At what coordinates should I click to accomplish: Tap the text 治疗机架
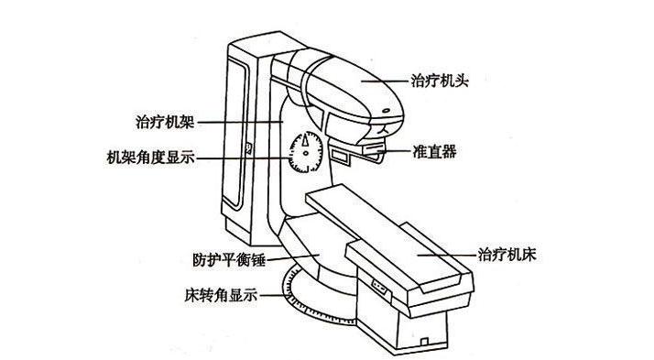pos(162,121)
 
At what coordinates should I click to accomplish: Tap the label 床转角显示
pos(219,296)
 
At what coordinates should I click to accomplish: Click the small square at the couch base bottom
pos(424,341)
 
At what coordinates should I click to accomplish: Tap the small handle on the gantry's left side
pos(248,146)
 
